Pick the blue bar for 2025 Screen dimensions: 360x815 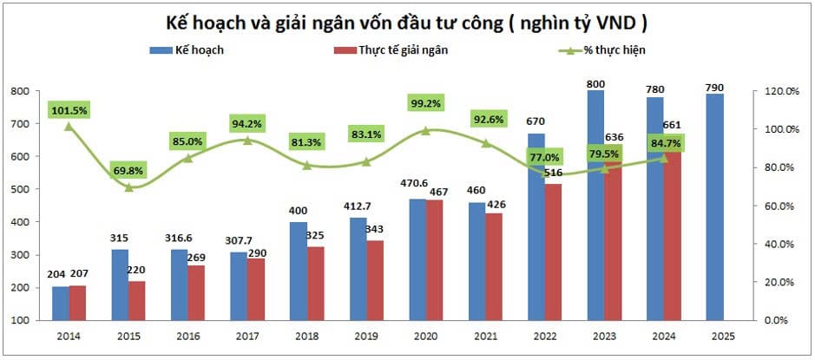714,208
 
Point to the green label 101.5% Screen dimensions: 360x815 69,110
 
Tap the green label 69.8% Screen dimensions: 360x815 129,169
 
